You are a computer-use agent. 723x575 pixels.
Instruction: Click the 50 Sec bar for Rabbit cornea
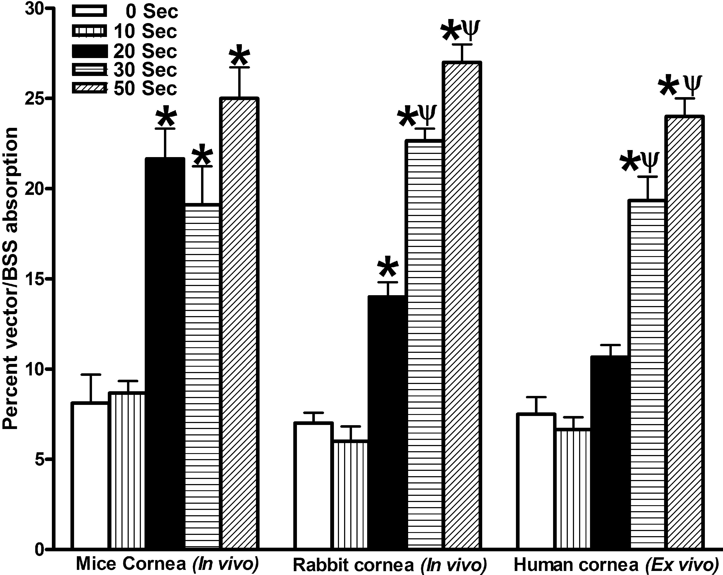[x=462, y=305]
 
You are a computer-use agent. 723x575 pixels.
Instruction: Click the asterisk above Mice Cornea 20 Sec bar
[x=166, y=117]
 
